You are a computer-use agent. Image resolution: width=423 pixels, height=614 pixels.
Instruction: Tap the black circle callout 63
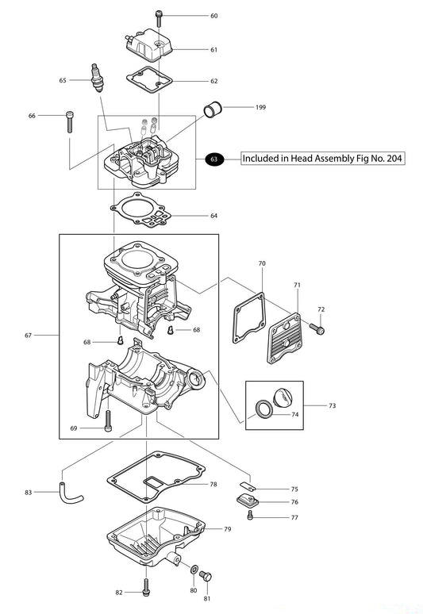(213, 159)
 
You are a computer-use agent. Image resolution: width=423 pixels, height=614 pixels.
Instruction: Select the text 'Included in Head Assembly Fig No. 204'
(322, 159)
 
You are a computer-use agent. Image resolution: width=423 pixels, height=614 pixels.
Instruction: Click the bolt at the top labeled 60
(159, 16)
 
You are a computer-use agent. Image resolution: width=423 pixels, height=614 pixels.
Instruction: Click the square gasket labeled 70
(248, 318)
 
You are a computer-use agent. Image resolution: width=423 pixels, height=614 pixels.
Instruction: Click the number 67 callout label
(29, 336)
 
